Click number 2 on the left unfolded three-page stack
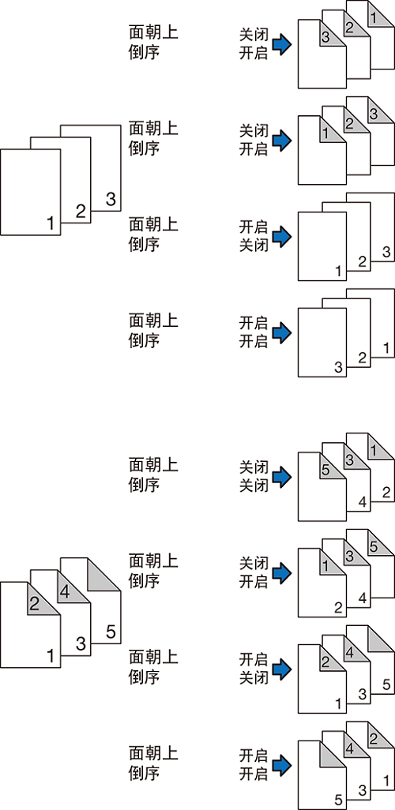tap(80, 211)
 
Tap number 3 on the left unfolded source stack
tap(110, 199)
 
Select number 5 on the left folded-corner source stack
tap(110, 632)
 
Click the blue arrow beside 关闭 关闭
tap(282, 476)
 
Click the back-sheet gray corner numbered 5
tap(378, 544)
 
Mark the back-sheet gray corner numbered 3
tap(378, 111)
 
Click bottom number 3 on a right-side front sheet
tap(339, 367)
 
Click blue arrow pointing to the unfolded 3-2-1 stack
tap(282, 332)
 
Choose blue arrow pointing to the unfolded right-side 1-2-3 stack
tap(282, 235)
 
